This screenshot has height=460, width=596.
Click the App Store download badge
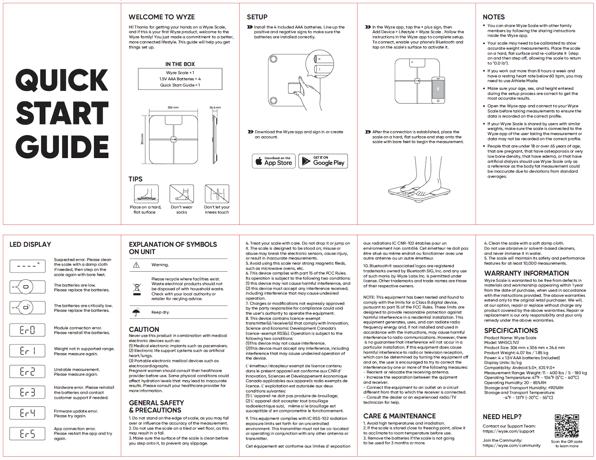tap(274, 161)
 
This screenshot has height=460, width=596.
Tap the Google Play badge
tap(323, 161)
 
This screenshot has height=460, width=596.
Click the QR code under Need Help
tap(567, 426)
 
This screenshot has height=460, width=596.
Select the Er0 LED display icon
tap(27, 330)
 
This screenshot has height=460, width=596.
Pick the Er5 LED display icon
tap(27, 433)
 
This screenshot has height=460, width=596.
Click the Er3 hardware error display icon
tap(27, 392)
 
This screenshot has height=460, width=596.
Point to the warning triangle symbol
tap(136, 265)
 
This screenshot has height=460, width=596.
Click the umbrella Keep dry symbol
tap(136, 312)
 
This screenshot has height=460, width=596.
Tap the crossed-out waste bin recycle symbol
tap(137, 289)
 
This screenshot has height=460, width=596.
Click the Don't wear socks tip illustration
tap(182, 194)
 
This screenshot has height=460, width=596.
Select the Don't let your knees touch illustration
tap(217, 194)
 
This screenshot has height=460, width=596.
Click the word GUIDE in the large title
tap(62, 147)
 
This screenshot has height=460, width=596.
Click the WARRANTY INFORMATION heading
tap(526, 273)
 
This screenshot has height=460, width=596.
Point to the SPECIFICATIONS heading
tap(511, 331)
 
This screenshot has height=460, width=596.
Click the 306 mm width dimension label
tap(173, 108)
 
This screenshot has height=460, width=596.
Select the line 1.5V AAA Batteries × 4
tap(180, 79)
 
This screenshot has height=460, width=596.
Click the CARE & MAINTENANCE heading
tap(399, 416)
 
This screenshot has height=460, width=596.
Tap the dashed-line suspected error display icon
tap(27, 266)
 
